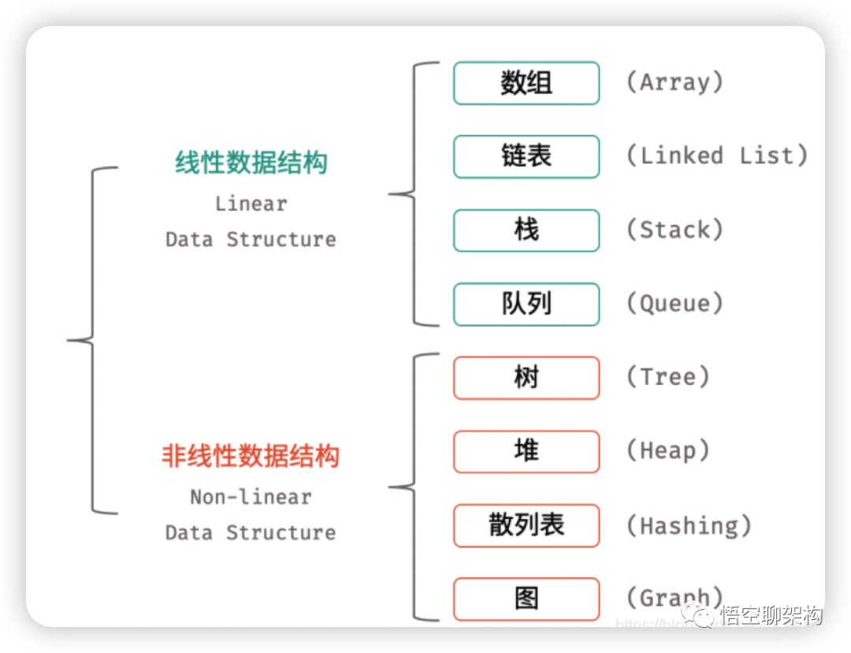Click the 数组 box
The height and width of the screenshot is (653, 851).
pos(526,83)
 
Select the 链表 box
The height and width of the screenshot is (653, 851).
pos(526,156)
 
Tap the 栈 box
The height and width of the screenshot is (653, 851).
pos(526,230)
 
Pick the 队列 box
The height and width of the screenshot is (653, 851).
pos(526,304)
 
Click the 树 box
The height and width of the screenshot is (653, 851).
pos(526,378)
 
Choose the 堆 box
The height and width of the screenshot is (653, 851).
pos(526,451)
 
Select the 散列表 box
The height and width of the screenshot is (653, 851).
pos(526,525)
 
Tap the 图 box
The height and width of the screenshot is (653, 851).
pos(526,599)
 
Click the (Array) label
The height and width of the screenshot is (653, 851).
pos(674,82)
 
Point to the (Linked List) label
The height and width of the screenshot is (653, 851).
pos(717,155)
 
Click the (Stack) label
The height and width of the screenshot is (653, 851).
pos(674,229)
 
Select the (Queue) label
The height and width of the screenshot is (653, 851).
pos(674,303)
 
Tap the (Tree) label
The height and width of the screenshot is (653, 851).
pos(668,377)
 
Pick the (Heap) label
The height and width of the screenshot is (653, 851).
pos(668,450)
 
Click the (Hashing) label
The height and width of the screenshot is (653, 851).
pos(689,525)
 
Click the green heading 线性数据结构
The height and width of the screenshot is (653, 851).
pos(251,163)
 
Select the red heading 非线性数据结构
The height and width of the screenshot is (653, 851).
pos(251,457)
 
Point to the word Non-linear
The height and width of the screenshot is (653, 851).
pos(251,497)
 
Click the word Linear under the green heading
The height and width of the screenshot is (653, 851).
pos(251,203)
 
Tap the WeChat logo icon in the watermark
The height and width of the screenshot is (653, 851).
pos(698,614)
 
